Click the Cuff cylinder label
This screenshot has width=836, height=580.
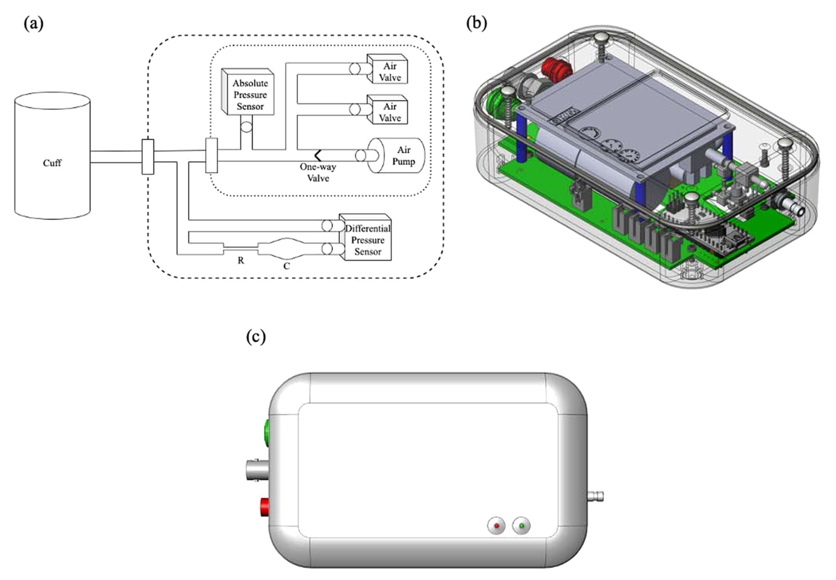click(x=52, y=163)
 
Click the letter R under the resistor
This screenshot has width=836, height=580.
click(x=240, y=260)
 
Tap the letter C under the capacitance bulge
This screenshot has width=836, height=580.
click(x=286, y=266)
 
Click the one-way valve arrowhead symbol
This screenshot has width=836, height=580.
click(x=318, y=155)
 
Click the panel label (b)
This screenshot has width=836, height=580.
click(x=477, y=23)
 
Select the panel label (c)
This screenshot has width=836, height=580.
click(x=256, y=336)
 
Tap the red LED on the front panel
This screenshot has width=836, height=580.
click(x=497, y=526)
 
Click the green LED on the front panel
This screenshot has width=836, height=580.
click(x=521, y=526)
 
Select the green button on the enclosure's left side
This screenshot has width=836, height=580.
click(x=266, y=434)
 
